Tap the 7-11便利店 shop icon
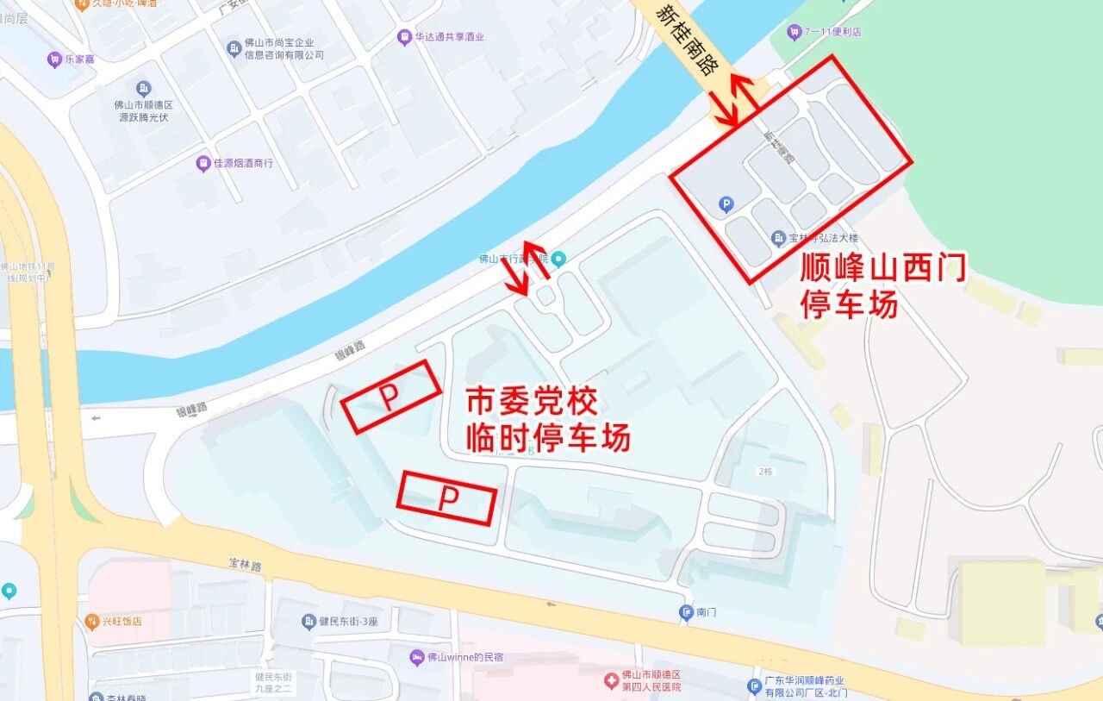pyautogui.click(x=795, y=33)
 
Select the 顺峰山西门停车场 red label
pyautogui.click(x=883, y=285)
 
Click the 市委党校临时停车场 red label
pyautogui.click(x=548, y=420)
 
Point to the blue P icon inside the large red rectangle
pyautogui.click(x=726, y=204)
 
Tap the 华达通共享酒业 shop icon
pyautogui.click(x=404, y=37)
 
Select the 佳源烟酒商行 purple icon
pyautogui.click(x=203, y=162)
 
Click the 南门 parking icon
pyautogui.click(x=686, y=612)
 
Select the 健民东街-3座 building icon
pyautogui.click(x=308, y=621)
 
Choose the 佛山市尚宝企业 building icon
pyautogui.click(x=233, y=48)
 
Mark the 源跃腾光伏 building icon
pyautogui.click(x=144, y=89)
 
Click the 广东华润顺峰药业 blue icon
pyautogui.click(x=754, y=686)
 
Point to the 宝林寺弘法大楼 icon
pyautogui.click(x=779, y=237)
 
